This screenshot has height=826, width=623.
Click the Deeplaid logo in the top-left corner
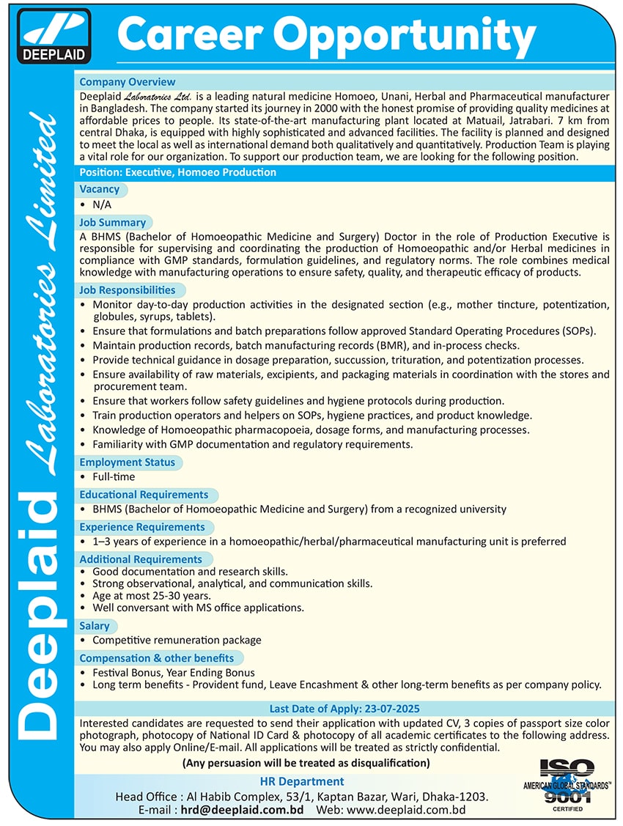[56, 36]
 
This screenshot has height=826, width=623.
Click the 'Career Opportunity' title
[326, 34]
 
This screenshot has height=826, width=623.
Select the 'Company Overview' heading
[128, 82]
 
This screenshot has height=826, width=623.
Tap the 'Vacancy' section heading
[100, 189]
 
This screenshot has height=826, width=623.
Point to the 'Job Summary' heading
[113, 222]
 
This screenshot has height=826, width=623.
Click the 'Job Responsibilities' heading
[128, 290]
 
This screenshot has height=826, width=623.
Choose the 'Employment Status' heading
[128, 462]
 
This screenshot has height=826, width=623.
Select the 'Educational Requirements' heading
[144, 495]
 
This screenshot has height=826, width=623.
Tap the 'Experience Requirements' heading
[142, 527]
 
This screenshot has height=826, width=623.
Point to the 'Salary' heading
[95, 626]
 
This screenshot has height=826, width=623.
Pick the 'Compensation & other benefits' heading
[157, 658]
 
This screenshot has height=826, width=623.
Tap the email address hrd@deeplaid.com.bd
[243, 810]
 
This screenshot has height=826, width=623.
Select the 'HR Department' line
[302, 781]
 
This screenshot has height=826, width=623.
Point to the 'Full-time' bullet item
[114, 477]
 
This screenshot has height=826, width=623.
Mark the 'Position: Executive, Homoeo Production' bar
[178, 172]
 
